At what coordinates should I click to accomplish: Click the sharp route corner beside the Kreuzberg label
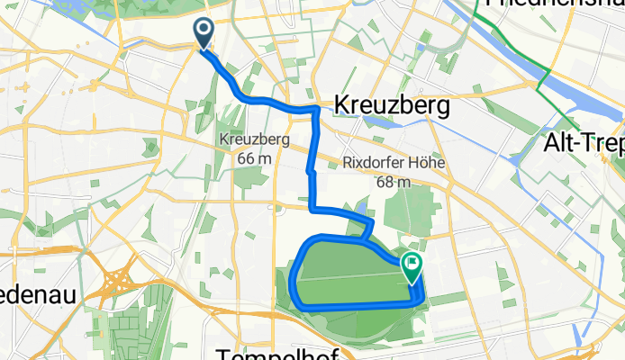(316, 110)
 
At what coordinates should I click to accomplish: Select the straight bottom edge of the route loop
(360, 307)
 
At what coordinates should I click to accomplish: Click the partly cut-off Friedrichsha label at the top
(554, 4)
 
